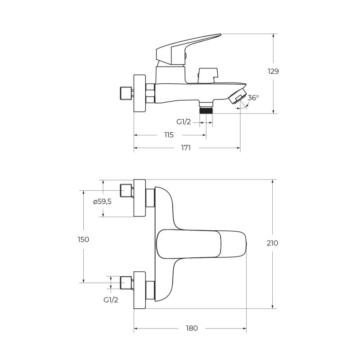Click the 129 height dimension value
pyautogui.click(x=273, y=72)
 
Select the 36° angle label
pyautogui.click(x=253, y=98)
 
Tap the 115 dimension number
pyautogui.click(x=169, y=135)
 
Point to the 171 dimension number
pyautogui.click(x=186, y=148)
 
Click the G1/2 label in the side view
pyautogui.click(x=184, y=121)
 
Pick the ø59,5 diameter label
pyautogui.click(x=102, y=202)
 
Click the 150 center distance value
pyautogui.click(x=83, y=239)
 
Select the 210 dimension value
pyautogui.click(x=272, y=243)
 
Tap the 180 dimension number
pyautogui.click(x=192, y=328)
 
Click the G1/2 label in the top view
pyautogui.click(x=111, y=300)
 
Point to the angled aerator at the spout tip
pyautogui.click(x=238, y=96)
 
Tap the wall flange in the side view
pyautogui.click(x=139, y=93)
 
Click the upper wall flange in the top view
pyautogui.click(x=139, y=198)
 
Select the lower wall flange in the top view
pyautogui.click(x=139, y=290)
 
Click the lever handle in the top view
pyautogui.click(x=201, y=243)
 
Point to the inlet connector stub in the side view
pyautogui.click(x=126, y=93)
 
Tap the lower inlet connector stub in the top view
pyautogui.click(x=126, y=283)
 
